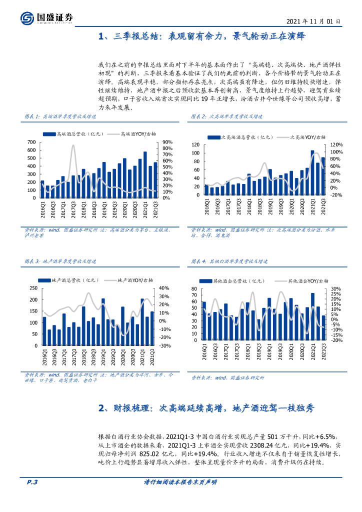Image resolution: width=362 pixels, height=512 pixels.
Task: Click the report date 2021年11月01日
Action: (314, 22)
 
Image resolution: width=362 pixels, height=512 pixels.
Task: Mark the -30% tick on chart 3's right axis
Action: (165, 345)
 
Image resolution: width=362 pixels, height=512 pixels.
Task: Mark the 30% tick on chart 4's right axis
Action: (335, 289)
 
